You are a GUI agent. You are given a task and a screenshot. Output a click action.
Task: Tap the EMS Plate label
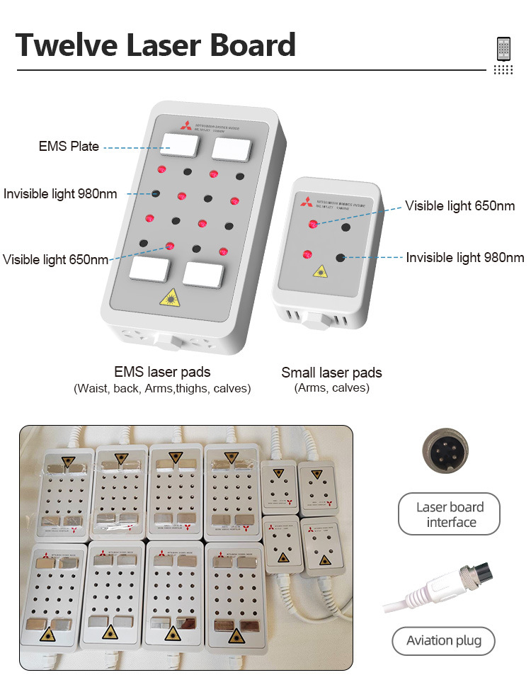[68, 147]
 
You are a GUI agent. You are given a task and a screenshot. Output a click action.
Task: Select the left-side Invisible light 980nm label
[60, 193]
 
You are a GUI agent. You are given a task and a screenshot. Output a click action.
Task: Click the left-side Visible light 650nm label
[56, 259]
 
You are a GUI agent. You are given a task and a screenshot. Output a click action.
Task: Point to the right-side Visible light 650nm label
[460, 206]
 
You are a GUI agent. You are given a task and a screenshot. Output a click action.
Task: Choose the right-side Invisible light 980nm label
[465, 258]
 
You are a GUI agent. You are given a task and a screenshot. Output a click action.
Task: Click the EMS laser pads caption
[162, 372]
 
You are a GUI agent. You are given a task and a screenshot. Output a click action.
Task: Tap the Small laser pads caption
[331, 373]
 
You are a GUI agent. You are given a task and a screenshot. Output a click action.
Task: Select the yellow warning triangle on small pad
[321, 271]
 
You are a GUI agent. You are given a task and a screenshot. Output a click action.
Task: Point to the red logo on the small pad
[306, 200]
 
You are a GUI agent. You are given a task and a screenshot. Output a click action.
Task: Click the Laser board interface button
[450, 515]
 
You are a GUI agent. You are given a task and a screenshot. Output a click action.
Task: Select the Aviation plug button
[444, 641]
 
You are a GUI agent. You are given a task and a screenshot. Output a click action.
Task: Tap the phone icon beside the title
[503, 48]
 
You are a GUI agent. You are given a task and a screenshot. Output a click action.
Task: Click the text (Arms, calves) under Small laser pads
[331, 388]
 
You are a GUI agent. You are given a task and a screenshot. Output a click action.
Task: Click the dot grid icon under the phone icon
[503, 69]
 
